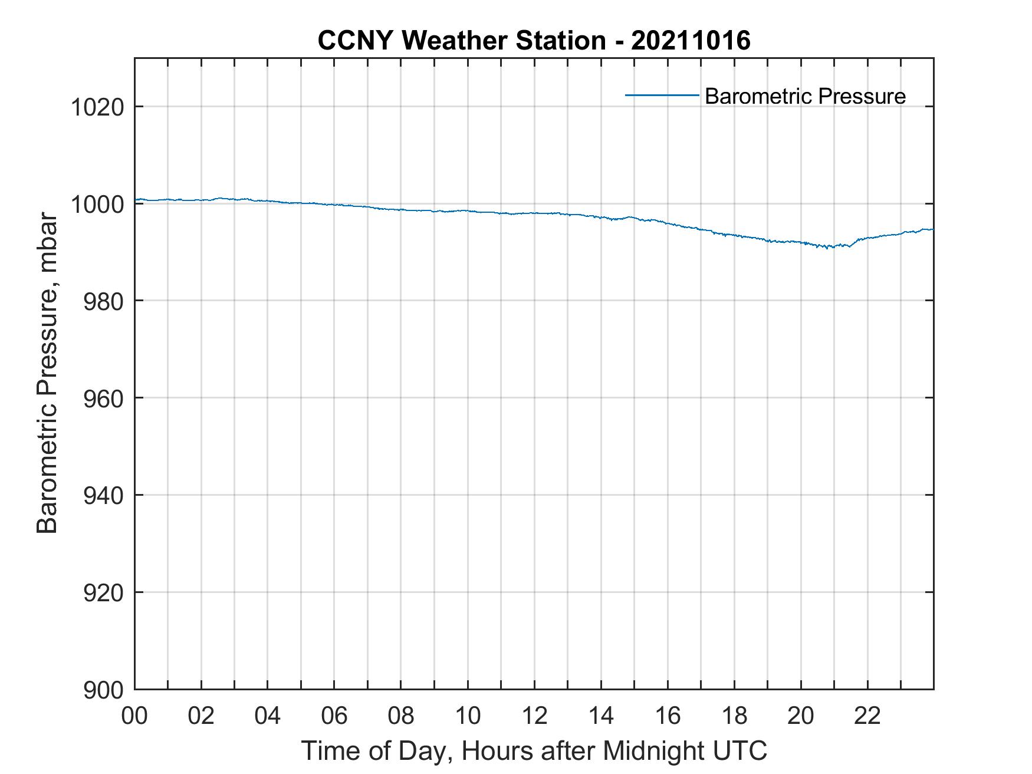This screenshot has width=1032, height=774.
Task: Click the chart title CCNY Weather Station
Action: tap(461, 41)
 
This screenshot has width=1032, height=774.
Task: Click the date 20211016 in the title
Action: tap(691, 41)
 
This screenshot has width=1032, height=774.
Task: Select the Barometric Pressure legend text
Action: tap(805, 96)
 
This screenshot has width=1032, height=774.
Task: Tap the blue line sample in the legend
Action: tap(662, 95)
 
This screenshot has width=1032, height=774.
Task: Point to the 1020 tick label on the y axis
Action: tap(97, 108)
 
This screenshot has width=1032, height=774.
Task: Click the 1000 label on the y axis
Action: tap(97, 205)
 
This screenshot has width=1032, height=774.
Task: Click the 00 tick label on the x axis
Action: tap(134, 716)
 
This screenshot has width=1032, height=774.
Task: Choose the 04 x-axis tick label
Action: tap(268, 716)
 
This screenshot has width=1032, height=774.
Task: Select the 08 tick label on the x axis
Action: tap(401, 716)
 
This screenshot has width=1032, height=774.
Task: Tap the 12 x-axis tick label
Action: tap(534, 716)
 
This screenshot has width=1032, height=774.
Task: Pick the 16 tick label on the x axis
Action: tap(668, 716)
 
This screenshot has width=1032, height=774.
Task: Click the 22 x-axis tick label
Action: tap(867, 716)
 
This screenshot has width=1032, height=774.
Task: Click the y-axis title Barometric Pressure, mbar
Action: tap(47, 374)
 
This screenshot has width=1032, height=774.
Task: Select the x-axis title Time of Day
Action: tap(534, 751)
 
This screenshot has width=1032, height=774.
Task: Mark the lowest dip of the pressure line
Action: tap(829, 247)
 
